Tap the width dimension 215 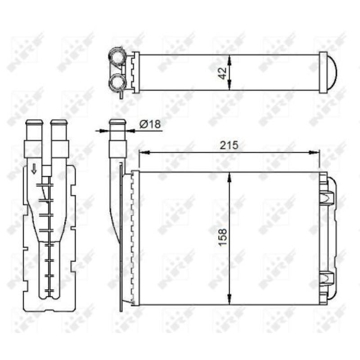pyautogui.click(x=229, y=145)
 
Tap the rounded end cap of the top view pyautogui.click(x=332, y=73)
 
